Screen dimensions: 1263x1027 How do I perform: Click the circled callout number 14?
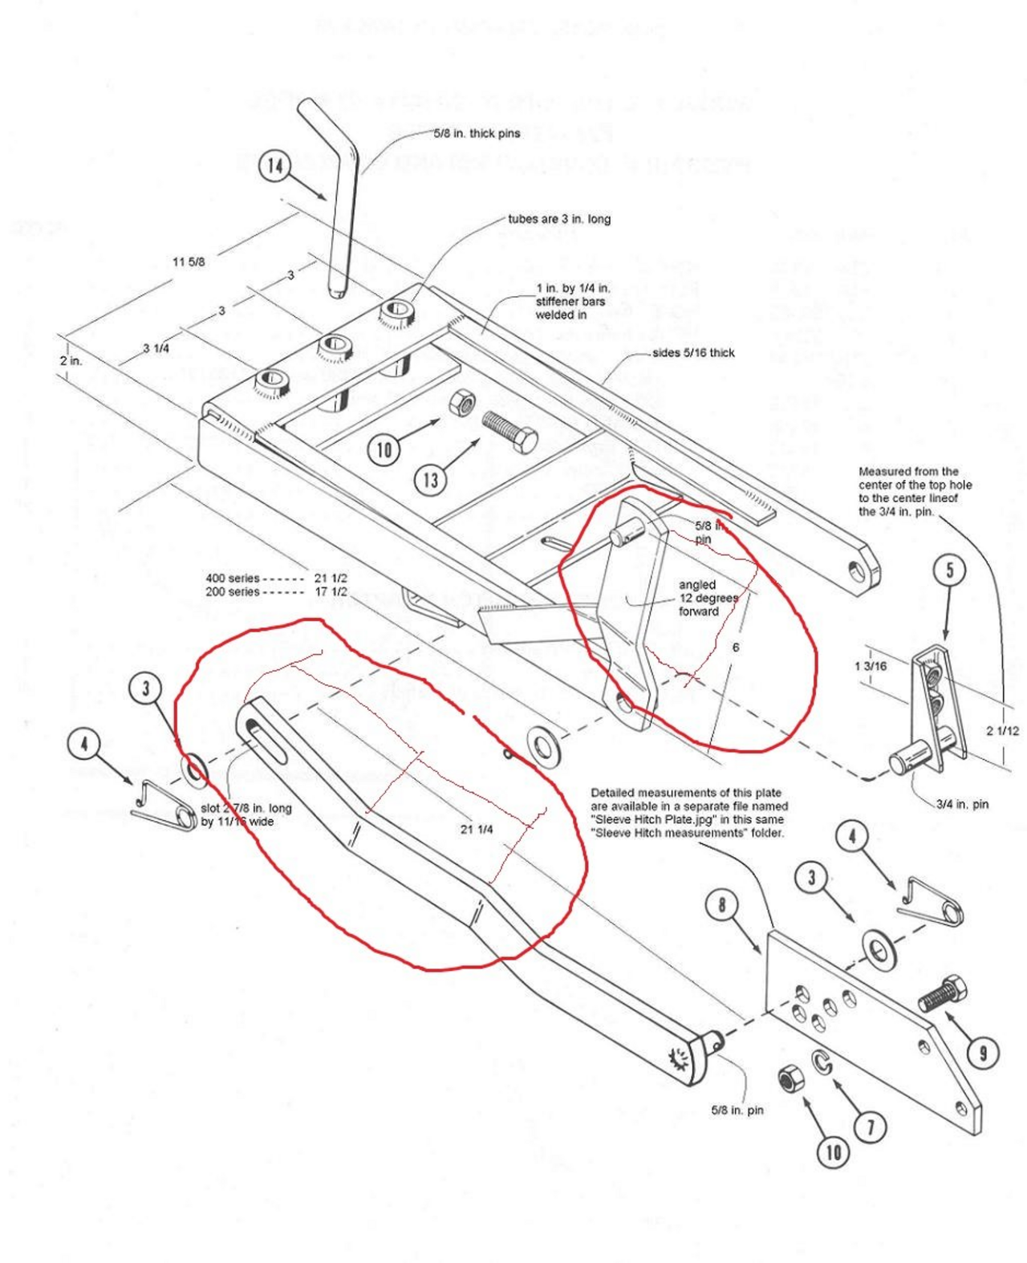(x=275, y=166)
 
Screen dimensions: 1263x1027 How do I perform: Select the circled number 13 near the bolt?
(x=431, y=480)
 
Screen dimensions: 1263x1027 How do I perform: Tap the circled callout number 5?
(x=950, y=571)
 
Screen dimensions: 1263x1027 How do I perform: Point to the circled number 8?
(x=721, y=905)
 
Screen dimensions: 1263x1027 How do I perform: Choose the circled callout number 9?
(x=984, y=1053)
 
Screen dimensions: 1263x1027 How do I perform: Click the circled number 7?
(x=871, y=1127)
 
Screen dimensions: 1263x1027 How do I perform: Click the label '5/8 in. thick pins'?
(x=477, y=133)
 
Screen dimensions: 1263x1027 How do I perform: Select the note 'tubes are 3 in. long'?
(x=559, y=219)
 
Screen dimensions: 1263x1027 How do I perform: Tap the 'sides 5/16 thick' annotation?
(x=693, y=352)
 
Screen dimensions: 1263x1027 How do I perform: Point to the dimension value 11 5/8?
(x=189, y=262)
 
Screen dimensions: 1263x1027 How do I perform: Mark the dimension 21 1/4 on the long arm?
(x=477, y=829)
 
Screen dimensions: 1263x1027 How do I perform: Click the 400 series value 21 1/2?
(x=331, y=578)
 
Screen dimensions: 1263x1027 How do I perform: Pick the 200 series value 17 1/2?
(x=331, y=591)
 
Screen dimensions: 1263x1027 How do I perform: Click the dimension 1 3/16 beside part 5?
(x=871, y=666)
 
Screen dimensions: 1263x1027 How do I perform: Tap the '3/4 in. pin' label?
(x=962, y=804)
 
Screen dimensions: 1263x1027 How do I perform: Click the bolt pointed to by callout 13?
(x=510, y=431)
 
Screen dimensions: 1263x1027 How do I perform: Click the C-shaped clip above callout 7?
(x=822, y=1062)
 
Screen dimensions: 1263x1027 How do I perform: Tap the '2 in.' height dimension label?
(x=71, y=361)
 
